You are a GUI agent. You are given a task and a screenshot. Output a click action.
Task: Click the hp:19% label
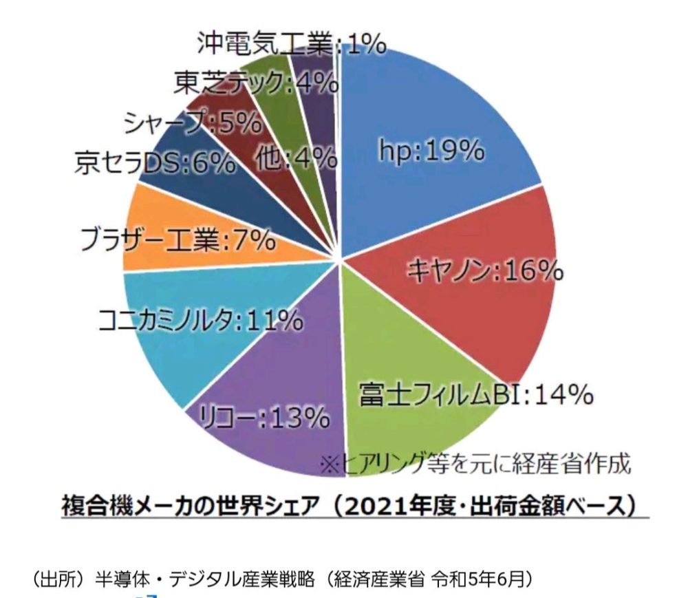pos(432,151)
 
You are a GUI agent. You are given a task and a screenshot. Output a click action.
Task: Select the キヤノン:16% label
pos(485,271)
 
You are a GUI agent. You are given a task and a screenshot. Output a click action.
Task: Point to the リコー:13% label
pos(264,416)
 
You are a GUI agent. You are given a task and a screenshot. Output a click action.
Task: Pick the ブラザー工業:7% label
pos(178,240)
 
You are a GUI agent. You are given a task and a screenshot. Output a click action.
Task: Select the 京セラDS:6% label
pos(155,164)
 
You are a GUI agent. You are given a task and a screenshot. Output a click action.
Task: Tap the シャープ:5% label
pos(193,124)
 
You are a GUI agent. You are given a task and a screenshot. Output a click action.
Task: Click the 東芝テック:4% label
pos(256,83)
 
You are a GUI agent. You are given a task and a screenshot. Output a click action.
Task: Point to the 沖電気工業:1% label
pos(290,45)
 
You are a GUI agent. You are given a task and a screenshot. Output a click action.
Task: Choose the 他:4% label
pos(295,159)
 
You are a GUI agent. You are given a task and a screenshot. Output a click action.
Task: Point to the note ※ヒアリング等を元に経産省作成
pos(475,464)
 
